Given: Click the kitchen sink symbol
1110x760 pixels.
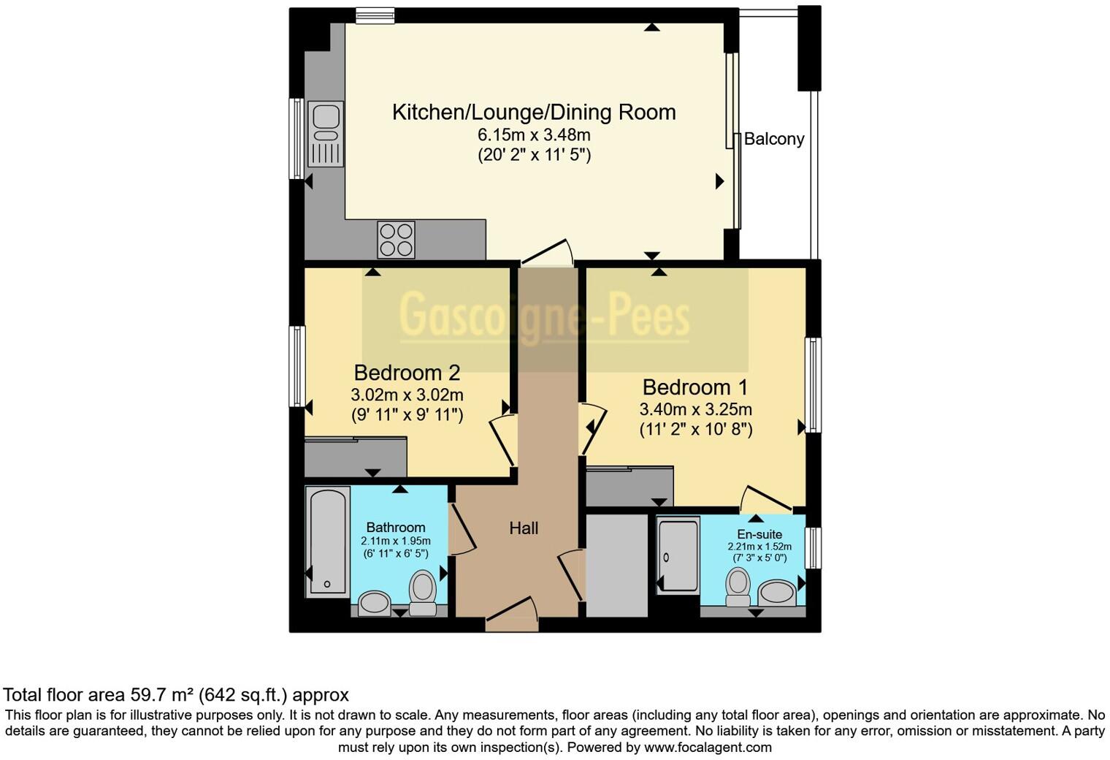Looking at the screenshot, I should point(326,134).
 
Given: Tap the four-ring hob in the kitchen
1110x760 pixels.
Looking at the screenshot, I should point(396,240).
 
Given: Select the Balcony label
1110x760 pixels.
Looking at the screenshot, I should point(774,139).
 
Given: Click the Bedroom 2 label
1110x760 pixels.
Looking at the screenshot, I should point(407,373).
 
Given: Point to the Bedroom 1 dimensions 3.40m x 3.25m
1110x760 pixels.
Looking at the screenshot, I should point(696,409).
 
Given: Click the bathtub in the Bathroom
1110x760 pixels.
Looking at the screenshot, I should point(326,541).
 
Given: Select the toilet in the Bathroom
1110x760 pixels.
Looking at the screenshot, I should point(423,590).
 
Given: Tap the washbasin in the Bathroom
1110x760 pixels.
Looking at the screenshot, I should point(375,604).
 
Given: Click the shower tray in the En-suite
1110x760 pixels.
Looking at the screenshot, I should point(678,555).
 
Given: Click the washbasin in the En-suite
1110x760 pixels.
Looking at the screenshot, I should point(777,593).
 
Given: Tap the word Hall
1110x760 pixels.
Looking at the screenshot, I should point(524,528).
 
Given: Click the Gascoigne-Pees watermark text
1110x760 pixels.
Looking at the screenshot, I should point(544,316).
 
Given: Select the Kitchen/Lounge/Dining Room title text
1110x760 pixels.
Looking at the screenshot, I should point(534,112).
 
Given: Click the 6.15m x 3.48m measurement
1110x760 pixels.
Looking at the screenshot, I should point(534,134).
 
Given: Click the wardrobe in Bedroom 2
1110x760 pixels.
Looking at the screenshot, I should point(355,457).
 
